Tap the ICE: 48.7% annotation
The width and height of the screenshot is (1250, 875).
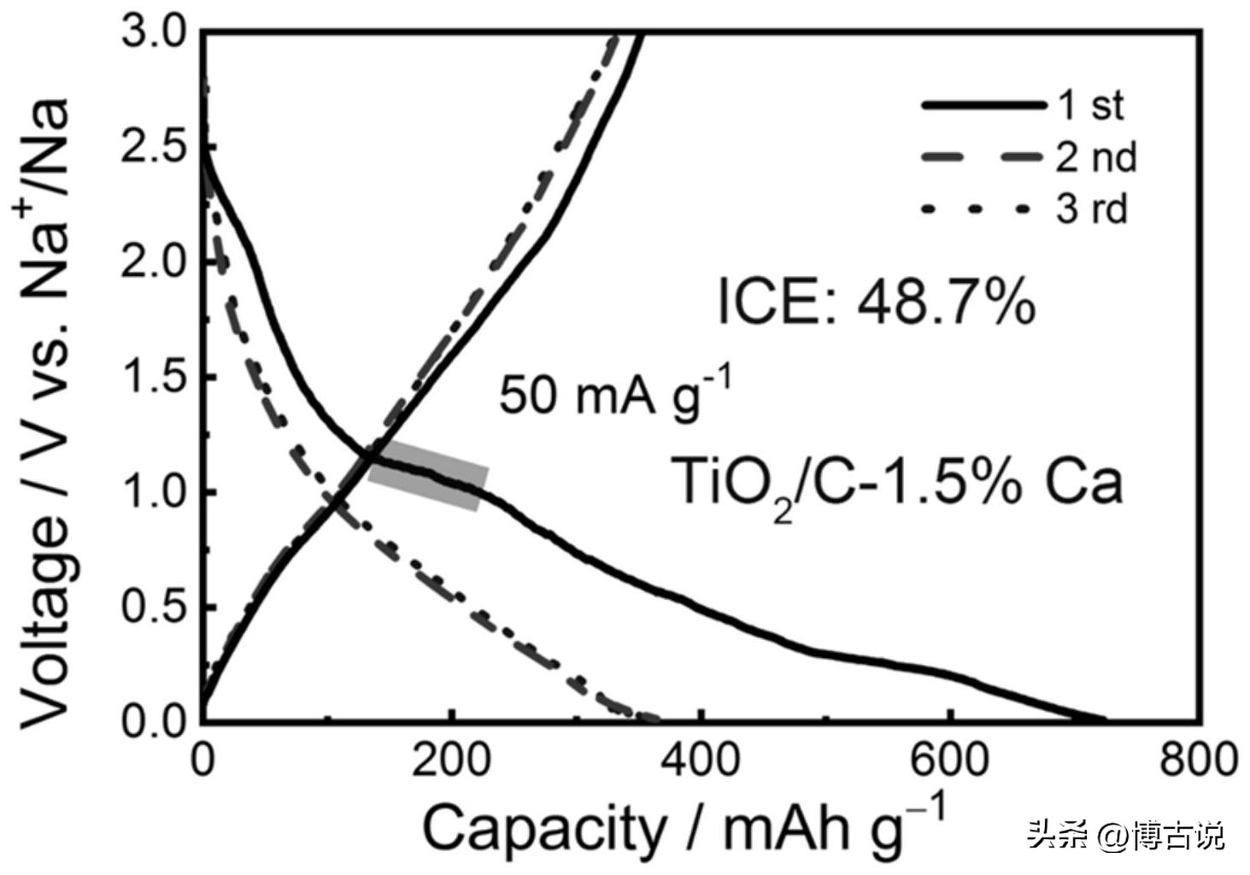tap(876, 302)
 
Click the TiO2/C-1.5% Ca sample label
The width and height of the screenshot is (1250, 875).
tap(896, 482)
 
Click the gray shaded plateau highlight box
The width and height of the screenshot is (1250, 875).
tap(428, 476)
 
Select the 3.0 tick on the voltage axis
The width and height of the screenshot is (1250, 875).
tap(154, 34)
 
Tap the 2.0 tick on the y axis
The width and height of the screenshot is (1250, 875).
tap(154, 262)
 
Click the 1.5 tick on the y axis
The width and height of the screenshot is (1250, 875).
tap(154, 377)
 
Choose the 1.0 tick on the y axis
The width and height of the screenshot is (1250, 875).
tap(154, 492)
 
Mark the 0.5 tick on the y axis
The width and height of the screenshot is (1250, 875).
tap(154, 607)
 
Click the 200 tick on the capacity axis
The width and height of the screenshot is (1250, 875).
tap(451, 760)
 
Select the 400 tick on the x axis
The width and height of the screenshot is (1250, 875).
tap(701, 760)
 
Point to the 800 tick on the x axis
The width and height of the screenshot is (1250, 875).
tap(1200, 760)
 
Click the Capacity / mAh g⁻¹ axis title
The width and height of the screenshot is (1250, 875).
tap(684, 827)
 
